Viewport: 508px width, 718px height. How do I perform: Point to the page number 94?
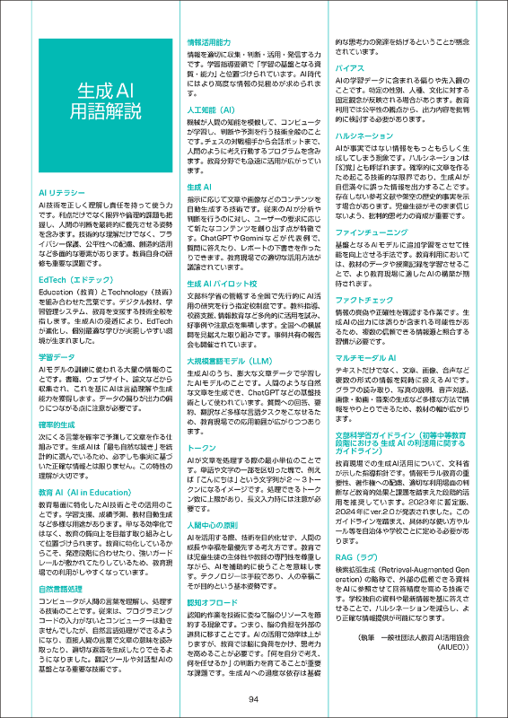click(254, 699)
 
